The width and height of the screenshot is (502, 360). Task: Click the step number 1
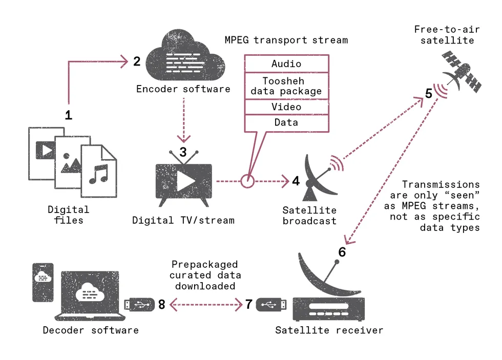pyautogui.click(x=68, y=115)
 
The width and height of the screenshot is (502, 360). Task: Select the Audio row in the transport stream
pyautogui.click(x=286, y=64)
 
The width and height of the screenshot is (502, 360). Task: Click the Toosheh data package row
pyautogui.click(x=286, y=86)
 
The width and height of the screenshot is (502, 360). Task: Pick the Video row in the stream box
pyautogui.click(x=286, y=107)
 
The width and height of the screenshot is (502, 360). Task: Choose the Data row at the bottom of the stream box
pyautogui.click(x=286, y=123)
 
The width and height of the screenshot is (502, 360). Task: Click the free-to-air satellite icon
pyautogui.click(x=461, y=72)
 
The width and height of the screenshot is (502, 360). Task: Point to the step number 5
pyautogui.click(x=429, y=94)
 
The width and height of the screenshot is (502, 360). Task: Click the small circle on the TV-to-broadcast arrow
pyautogui.click(x=247, y=181)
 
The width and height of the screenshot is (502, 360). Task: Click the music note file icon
pyautogui.click(x=99, y=172)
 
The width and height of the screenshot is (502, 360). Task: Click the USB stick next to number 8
pyautogui.click(x=139, y=305)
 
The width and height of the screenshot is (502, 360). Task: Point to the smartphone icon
pyautogui.click(x=43, y=282)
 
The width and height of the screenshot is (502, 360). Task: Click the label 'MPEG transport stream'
pyautogui.click(x=286, y=40)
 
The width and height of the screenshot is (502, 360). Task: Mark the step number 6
pyautogui.click(x=342, y=252)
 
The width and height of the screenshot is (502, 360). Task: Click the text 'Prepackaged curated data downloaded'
pyautogui.click(x=205, y=276)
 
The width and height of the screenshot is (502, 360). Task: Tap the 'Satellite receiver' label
pyautogui.click(x=329, y=330)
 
